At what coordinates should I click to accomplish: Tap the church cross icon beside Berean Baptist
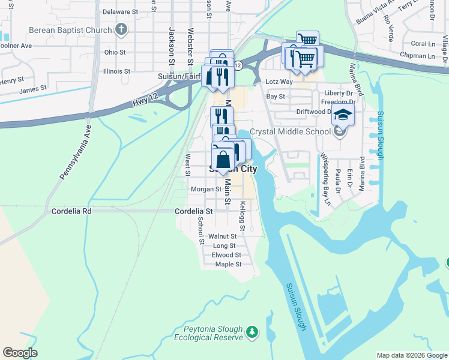[121, 29]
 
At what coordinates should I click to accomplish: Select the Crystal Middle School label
[291, 131]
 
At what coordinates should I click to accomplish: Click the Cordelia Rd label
[71, 211]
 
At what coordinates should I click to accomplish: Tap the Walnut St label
[222, 236]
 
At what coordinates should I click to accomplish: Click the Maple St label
[228, 264]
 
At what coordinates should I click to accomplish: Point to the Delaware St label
[120, 11]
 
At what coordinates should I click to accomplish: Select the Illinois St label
[116, 71]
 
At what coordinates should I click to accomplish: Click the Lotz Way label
[279, 82]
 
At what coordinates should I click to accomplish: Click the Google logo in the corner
[20, 353]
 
